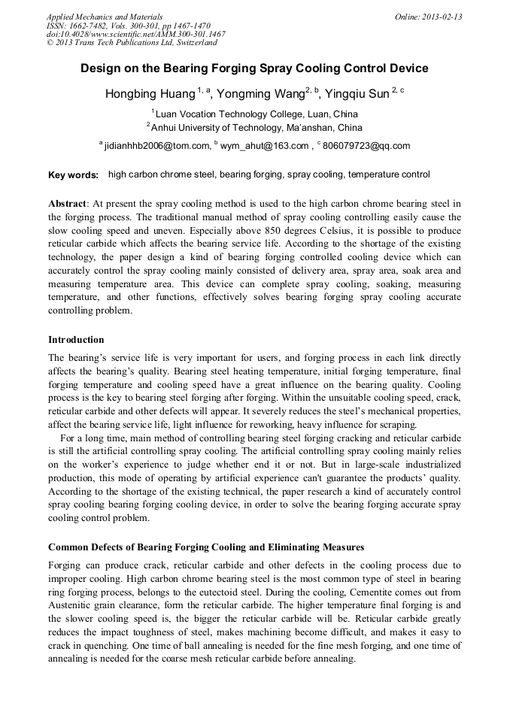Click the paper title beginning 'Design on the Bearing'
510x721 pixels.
(x=254, y=68)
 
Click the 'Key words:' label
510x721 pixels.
(x=73, y=175)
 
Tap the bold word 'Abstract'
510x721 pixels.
(x=67, y=204)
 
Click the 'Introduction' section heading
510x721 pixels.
(x=76, y=340)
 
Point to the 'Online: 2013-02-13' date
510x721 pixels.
(x=428, y=17)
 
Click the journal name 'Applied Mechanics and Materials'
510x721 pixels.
(x=105, y=17)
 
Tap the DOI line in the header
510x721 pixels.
(x=136, y=34)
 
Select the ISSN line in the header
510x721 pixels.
(x=128, y=25)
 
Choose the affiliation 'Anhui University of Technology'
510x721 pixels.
(x=258, y=128)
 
